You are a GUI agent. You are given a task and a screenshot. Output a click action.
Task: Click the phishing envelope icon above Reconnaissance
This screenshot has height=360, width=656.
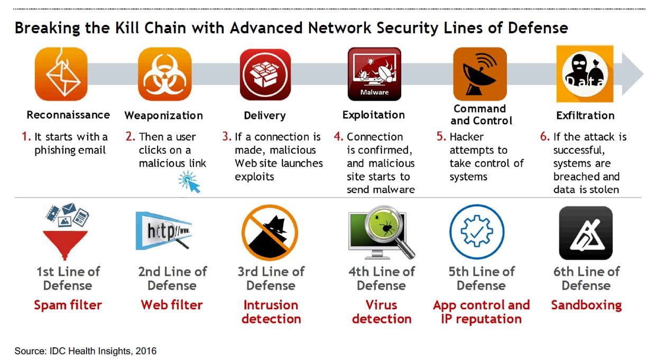(61, 74)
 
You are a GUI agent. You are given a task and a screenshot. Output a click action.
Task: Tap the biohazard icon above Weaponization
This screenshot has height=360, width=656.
(165, 74)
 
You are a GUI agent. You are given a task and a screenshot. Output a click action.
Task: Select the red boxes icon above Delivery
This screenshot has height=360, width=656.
(265, 75)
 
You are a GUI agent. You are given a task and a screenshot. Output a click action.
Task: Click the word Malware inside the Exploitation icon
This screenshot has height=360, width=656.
(374, 93)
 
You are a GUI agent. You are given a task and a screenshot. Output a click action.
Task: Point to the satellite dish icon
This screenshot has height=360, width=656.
(479, 74)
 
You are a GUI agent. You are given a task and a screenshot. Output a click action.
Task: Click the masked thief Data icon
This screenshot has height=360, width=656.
(585, 74)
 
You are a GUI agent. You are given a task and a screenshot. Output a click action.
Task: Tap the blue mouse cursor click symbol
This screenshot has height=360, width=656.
(189, 182)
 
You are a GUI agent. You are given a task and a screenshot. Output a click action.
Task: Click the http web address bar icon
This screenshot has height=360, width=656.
(164, 231)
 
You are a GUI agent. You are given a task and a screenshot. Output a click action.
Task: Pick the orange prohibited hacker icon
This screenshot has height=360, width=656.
(270, 233)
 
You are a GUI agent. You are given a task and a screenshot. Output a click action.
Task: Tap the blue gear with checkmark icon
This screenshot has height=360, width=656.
(477, 232)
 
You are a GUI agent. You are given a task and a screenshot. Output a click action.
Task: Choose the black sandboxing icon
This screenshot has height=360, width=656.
(586, 233)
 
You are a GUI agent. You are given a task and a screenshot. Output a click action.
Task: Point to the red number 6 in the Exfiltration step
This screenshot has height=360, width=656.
(545, 136)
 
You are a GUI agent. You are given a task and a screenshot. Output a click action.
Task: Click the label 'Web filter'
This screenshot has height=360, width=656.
(172, 305)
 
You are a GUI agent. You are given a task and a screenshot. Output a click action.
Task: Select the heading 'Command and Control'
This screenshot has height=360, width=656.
(481, 115)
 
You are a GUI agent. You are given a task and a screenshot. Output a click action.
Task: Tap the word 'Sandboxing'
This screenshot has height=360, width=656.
(586, 306)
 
